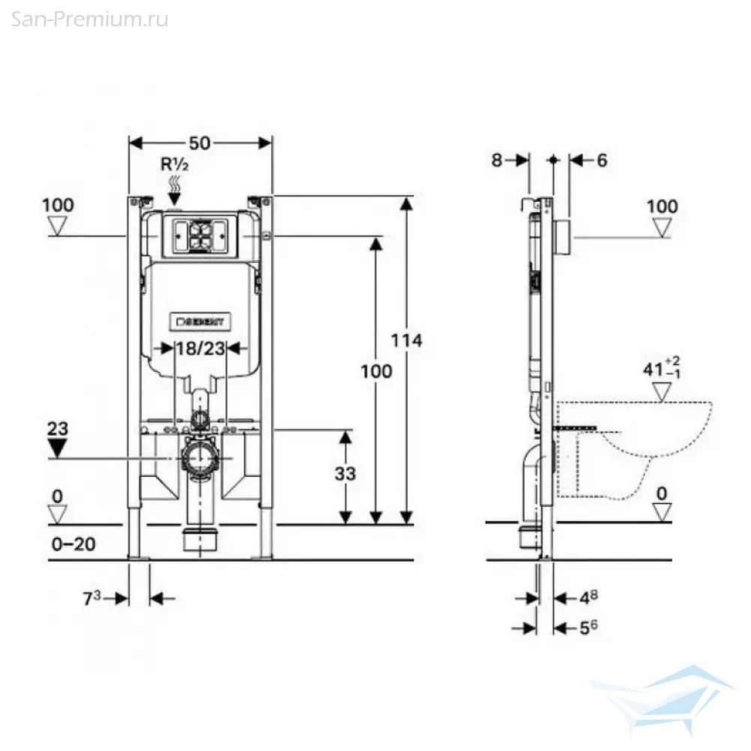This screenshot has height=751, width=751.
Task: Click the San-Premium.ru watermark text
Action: (89, 20)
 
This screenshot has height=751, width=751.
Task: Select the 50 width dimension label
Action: (199, 143)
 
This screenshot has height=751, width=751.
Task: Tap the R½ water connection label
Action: (174, 164)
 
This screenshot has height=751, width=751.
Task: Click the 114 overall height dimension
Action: (406, 340)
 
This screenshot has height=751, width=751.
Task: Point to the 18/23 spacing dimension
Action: (201, 348)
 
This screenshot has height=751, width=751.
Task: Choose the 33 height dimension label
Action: (345, 474)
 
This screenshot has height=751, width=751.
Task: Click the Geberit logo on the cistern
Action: (201, 321)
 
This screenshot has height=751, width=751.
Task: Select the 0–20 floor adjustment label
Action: (74, 544)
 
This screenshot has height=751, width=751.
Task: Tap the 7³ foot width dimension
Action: (92, 598)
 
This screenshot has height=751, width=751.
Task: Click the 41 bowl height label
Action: (662, 368)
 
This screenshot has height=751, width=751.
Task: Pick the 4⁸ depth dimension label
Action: (589, 597)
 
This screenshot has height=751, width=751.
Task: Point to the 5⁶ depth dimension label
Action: (589, 627)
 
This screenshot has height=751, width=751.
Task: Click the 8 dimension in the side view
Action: (496, 160)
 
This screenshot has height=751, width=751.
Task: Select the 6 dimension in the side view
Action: (602, 160)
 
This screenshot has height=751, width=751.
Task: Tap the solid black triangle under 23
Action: (58, 449)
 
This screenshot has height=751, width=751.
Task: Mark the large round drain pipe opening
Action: (200, 458)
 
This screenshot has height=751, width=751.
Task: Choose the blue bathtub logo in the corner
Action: (663, 699)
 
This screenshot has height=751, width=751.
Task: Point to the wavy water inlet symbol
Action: (175, 184)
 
